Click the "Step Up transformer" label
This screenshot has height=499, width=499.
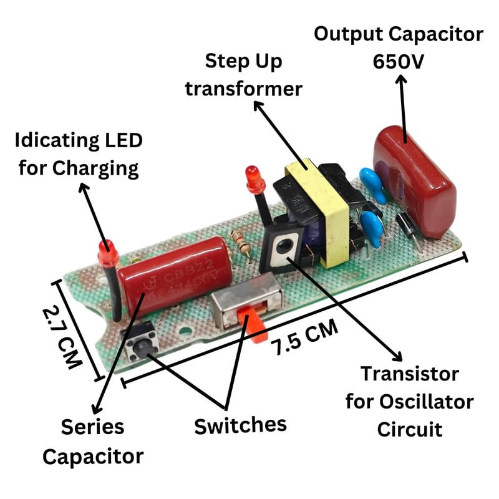243,75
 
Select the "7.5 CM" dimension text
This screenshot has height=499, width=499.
304,339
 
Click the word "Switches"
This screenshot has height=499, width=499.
240,426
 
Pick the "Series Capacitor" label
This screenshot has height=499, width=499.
92,442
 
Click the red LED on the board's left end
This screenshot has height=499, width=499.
107,253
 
